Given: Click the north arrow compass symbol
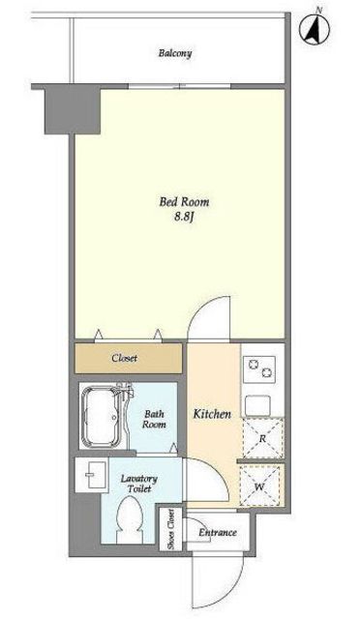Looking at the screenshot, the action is pos(315,28).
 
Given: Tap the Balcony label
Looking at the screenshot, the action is pos(175,53).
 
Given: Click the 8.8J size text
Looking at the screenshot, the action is pos(183,217).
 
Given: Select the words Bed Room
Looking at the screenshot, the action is pos(184,202).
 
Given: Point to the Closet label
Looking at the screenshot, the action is pos(125,358).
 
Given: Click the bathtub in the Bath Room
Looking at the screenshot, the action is pos(103,417).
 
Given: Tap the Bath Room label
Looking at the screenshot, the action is pos(155,419).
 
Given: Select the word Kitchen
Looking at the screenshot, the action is pos(212,414).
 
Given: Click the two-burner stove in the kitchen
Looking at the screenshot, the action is pos(259,368).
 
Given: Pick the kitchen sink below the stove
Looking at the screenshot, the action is pos(257,404).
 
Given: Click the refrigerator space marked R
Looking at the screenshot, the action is pos(263,438).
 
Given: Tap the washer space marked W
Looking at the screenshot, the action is pos(259,486).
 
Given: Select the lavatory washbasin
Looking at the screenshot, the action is pos(91,475).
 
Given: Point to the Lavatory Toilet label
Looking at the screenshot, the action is pos(138,484).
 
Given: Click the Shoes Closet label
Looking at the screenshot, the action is pos(170,529).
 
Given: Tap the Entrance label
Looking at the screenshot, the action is pos(218,532).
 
